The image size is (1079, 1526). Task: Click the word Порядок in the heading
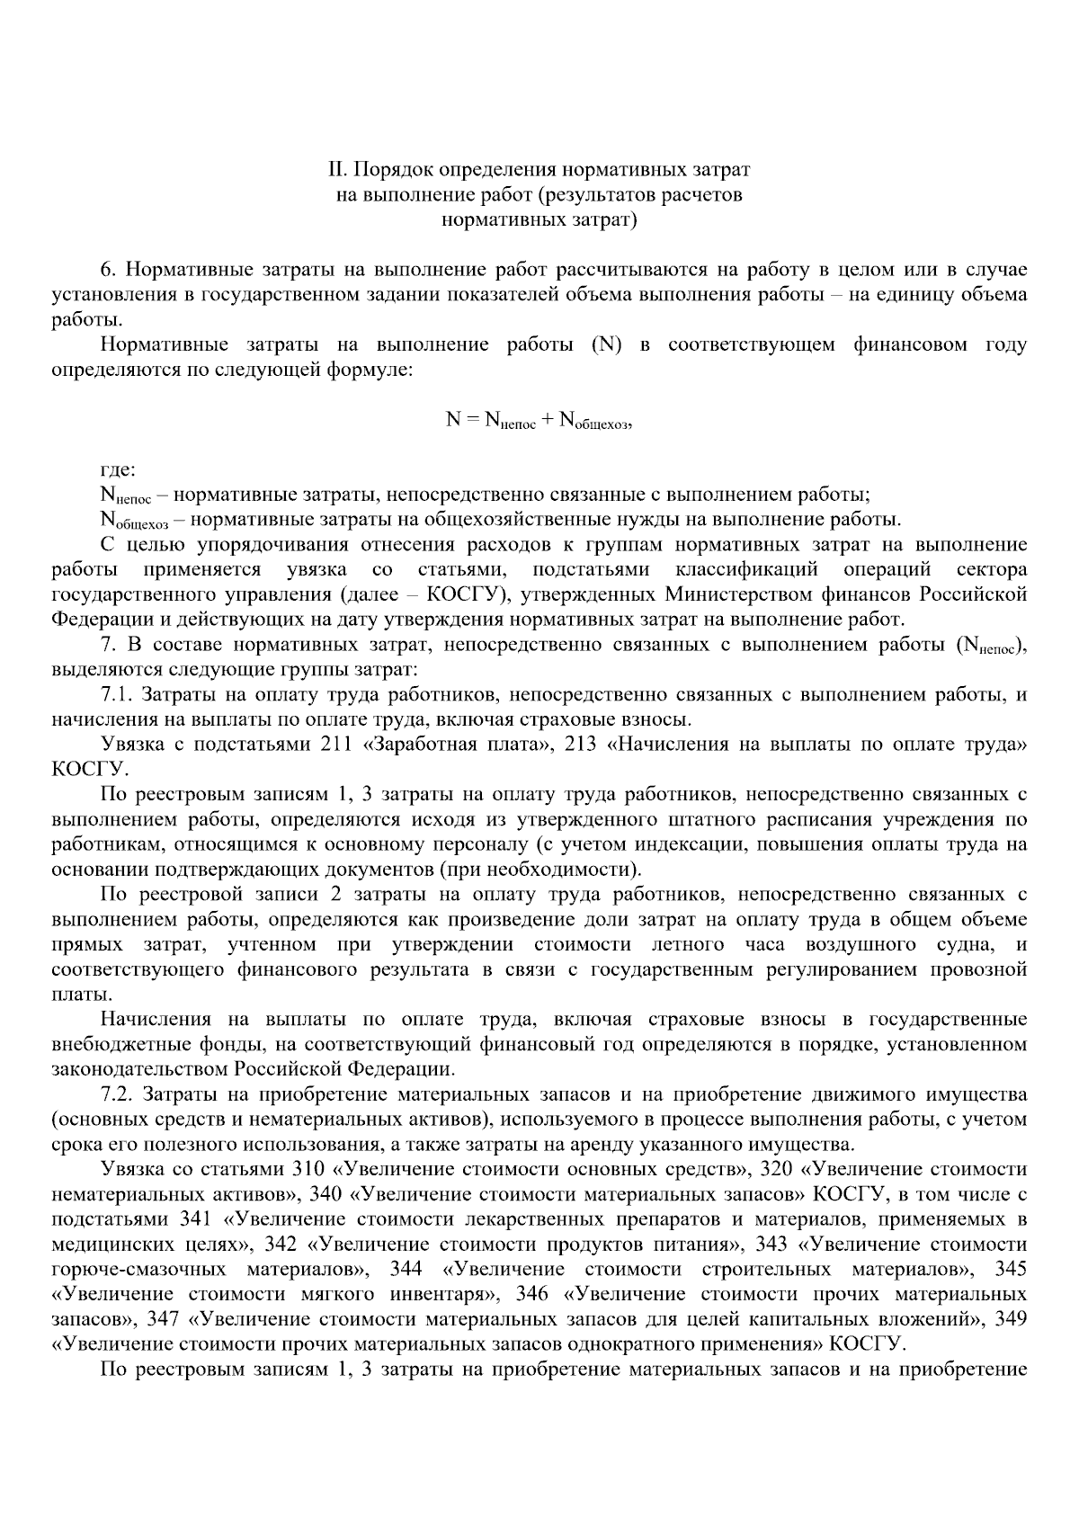pyautogui.click(x=388, y=169)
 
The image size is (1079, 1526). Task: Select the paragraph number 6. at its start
pyautogui.click(x=108, y=270)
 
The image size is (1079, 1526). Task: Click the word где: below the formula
pyautogui.click(x=118, y=469)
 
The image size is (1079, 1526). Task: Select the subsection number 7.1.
pyautogui.click(x=117, y=694)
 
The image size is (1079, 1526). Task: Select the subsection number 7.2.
pyautogui.click(x=117, y=1094)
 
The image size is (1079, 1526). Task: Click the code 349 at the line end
pyautogui.click(x=1011, y=1319)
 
